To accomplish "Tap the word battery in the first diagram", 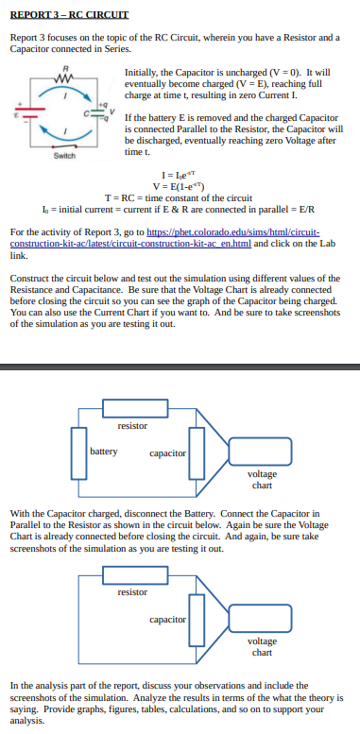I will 104,452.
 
